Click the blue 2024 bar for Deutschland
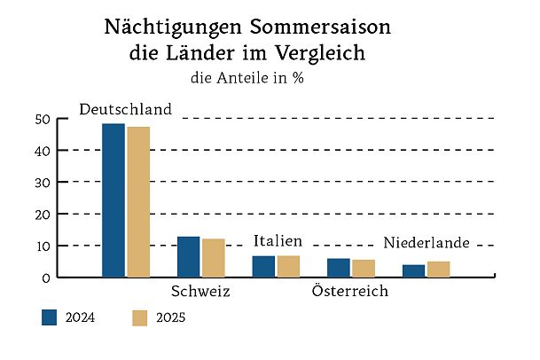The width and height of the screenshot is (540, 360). [x=113, y=200]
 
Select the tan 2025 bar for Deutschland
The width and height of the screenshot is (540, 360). [x=138, y=202]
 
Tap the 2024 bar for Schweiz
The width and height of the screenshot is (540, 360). [x=188, y=257]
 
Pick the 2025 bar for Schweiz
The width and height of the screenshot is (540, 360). [x=213, y=258]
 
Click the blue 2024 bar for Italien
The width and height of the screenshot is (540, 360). [x=263, y=266]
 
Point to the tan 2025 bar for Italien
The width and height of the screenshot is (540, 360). [x=288, y=266]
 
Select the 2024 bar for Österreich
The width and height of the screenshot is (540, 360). [x=339, y=268]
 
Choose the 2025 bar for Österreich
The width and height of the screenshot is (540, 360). [x=364, y=269]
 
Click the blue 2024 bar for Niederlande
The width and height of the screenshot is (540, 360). [x=413, y=270]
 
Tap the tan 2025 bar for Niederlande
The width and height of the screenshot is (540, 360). [x=438, y=269]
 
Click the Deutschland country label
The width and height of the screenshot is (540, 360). [x=125, y=110]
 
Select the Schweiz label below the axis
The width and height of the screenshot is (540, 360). [x=200, y=292]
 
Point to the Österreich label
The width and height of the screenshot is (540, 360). [x=351, y=292]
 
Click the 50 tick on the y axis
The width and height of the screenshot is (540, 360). [x=41, y=119]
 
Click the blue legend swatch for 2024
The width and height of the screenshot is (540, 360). [x=50, y=318]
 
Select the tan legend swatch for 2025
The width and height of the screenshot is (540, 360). [x=138, y=318]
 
